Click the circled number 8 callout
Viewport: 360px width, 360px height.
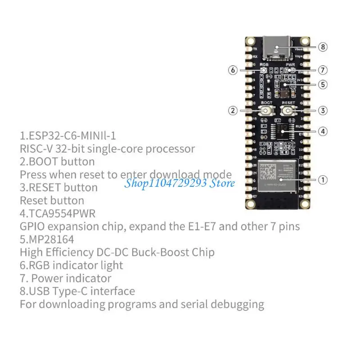click(323, 47)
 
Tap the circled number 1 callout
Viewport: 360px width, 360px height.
click(323, 180)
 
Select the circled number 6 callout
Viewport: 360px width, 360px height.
click(233, 70)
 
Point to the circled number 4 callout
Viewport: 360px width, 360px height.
click(323, 131)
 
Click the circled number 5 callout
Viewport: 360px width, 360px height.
click(323, 84)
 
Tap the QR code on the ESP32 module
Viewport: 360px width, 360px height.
click(270, 172)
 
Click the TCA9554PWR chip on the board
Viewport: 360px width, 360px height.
click(281, 131)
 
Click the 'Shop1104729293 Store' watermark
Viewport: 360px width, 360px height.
click(180, 183)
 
